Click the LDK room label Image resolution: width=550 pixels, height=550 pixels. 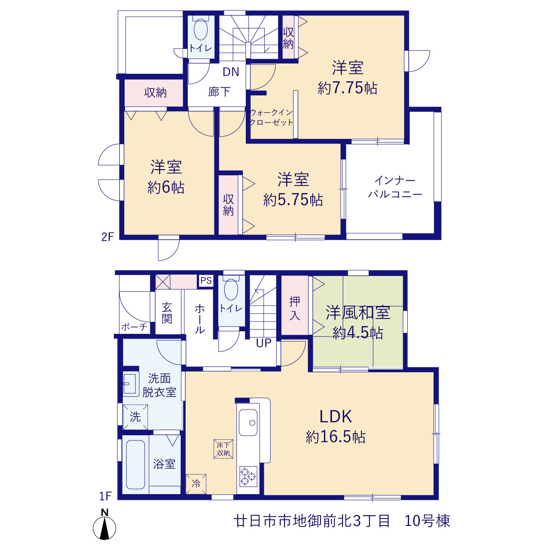[x=335, y=416]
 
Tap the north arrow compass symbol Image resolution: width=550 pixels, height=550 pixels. [x=104, y=528]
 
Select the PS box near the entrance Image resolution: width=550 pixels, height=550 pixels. [x=206, y=281]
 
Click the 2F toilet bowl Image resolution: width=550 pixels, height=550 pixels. [x=201, y=29]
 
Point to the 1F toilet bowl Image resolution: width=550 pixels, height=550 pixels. [x=231, y=289]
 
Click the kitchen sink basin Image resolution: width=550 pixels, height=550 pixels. [x=248, y=422]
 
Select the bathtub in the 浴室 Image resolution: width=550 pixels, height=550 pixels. [x=135, y=464]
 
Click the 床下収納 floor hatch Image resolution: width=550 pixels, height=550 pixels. [x=223, y=449]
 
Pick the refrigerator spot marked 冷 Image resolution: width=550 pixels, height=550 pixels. [x=196, y=484]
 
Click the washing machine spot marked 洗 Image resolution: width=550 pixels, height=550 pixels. [x=135, y=417]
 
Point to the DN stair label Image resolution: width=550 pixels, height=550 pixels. [x=231, y=72]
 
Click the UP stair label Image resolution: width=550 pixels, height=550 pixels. [x=263, y=343]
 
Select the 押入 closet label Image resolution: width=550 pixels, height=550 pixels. [x=295, y=309]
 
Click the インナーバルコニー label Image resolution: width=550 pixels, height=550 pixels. [x=395, y=187]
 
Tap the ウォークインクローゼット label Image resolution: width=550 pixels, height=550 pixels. [x=271, y=117]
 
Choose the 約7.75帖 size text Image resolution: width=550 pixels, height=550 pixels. [x=347, y=88]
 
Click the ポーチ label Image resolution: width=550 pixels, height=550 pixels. [x=134, y=327]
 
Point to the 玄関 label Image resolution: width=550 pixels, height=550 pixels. [x=167, y=313]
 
